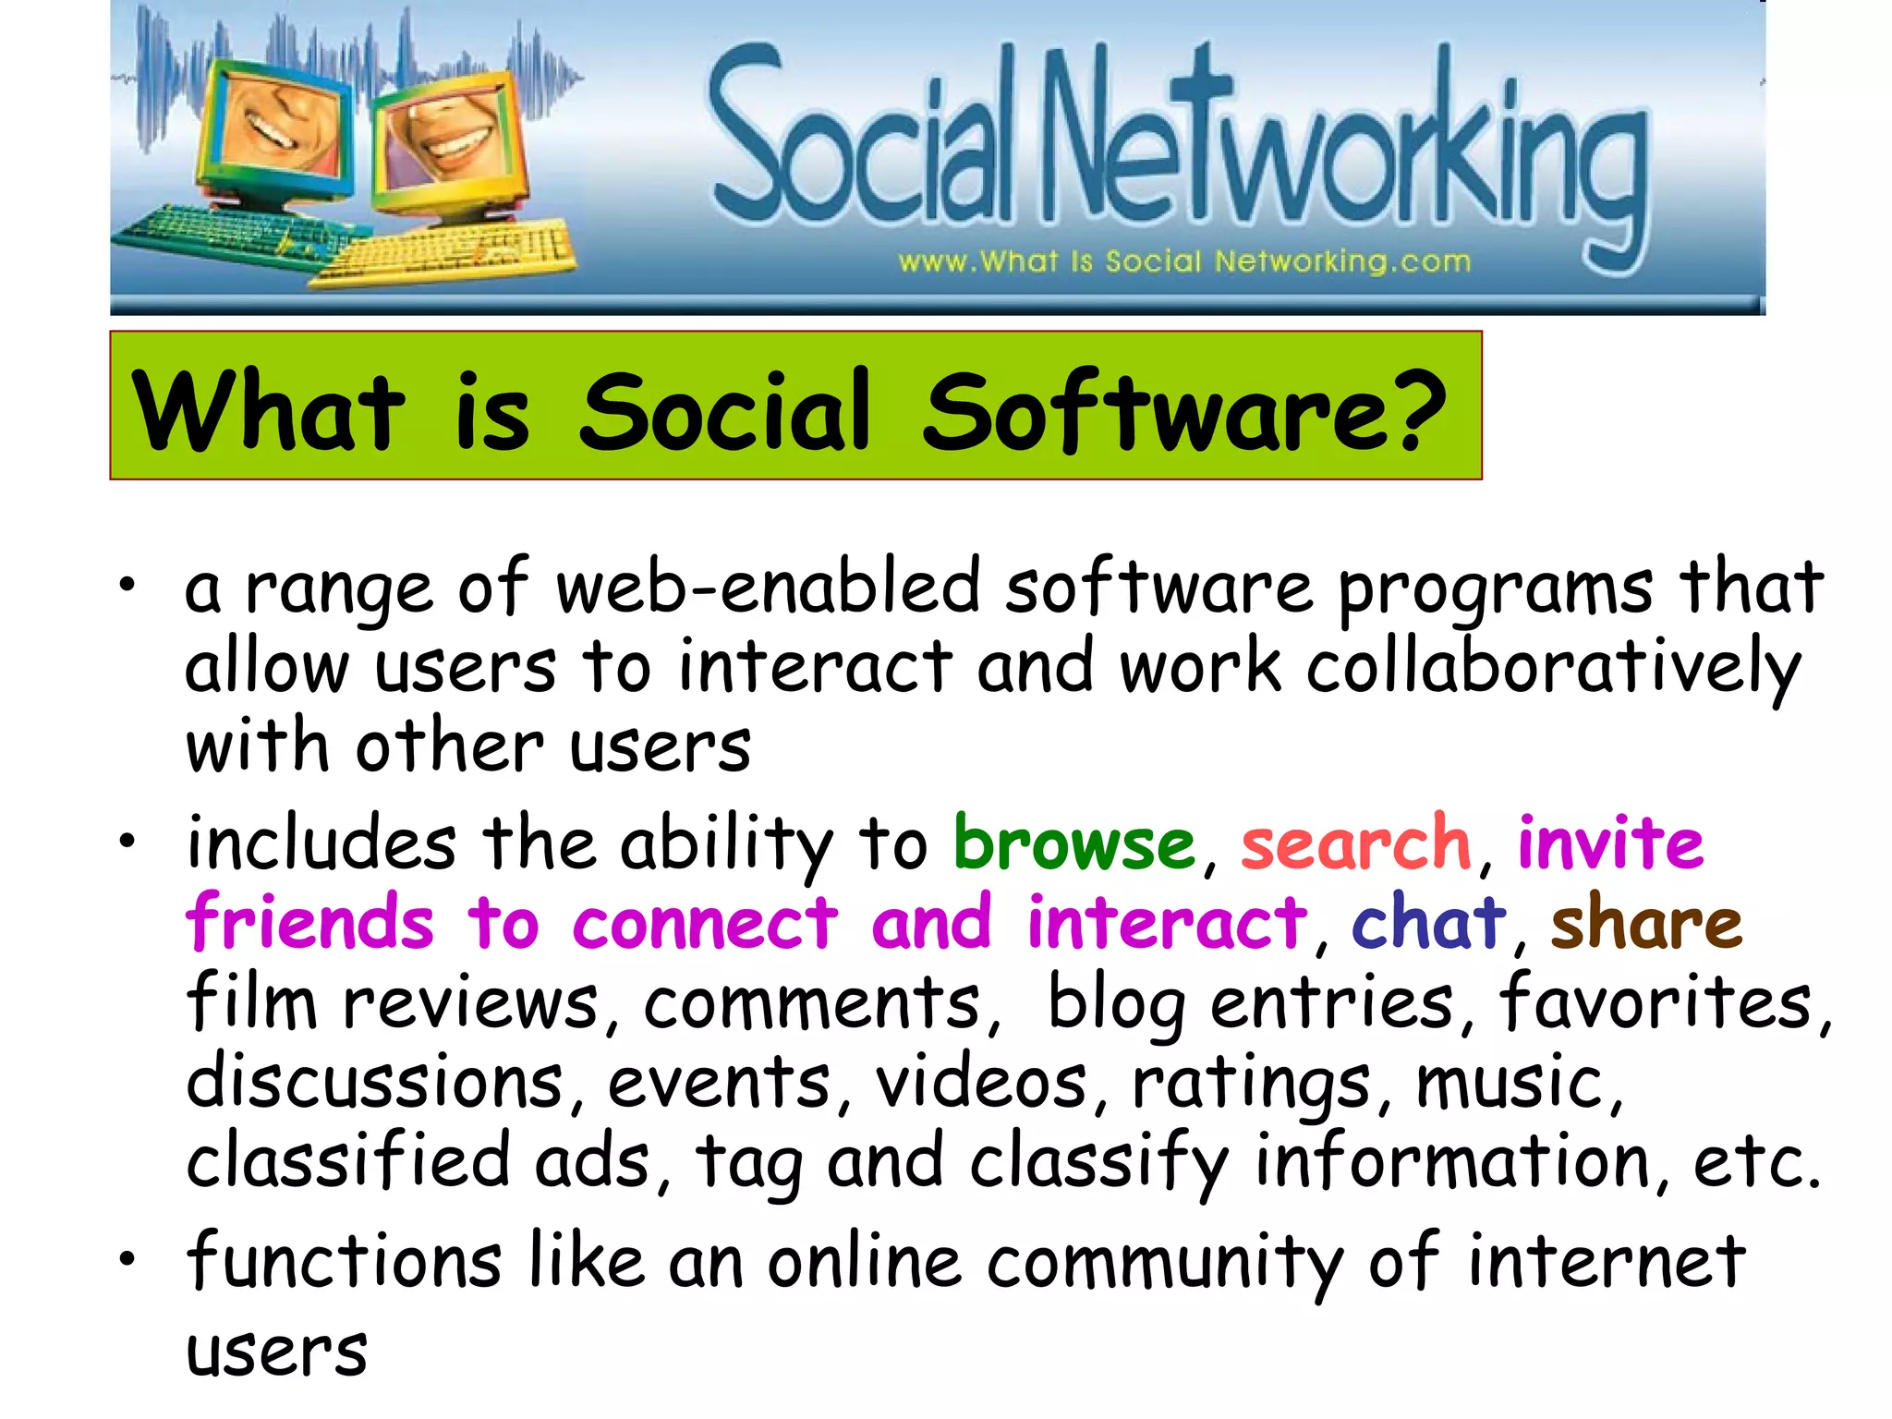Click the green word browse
click(1073, 843)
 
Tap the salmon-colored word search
click(1354, 843)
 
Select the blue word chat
click(1427, 922)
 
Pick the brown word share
click(1645, 922)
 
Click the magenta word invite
click(1610, 843)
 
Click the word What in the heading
click(268, 411)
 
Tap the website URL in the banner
click(1183, 261)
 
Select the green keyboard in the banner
click(231, 231)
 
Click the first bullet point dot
click(127, 584)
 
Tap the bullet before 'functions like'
click(127, 1258)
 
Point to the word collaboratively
click(1553, 667)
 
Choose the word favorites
click(1655, 1003)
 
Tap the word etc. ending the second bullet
click(1756, 1162)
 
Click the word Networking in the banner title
click(1344, 148)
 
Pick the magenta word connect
click(705, 922)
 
